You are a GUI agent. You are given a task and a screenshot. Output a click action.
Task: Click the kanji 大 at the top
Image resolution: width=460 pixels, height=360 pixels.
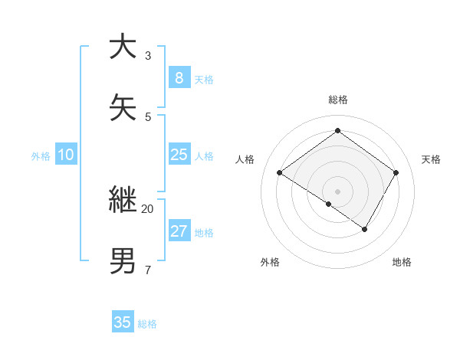click(x=123, y=47)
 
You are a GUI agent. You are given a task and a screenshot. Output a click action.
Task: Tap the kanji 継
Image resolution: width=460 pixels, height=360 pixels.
click(x=123, y=201)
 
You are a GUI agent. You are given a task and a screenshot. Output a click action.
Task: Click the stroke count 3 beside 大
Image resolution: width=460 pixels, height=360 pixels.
click(x=148, y=56)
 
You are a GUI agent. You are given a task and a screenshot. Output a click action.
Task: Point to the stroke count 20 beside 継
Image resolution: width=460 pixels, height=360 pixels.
click(x=148, y=208)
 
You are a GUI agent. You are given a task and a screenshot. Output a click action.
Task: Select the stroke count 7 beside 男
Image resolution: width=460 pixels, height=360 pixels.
click(x=148, y=270)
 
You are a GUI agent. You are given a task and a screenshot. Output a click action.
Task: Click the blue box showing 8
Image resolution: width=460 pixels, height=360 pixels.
click(x=179, y=78)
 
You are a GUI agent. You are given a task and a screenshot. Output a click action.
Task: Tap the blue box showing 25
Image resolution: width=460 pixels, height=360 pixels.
click(x=179, y=155)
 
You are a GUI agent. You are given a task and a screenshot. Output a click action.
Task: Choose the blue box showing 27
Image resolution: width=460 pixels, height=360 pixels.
click(x=179, y=231)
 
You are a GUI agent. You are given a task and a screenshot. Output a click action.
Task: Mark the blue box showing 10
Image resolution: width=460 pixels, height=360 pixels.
click(x=66, y=155)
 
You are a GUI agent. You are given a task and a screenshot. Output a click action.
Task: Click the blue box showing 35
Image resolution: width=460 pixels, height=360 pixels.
click(x=123, y=322)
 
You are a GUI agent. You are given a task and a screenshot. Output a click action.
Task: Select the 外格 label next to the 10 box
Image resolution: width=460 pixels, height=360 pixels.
click(x=41, y=156)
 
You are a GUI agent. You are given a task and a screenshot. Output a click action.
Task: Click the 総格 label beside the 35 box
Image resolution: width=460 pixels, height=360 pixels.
click(x=147, y=324)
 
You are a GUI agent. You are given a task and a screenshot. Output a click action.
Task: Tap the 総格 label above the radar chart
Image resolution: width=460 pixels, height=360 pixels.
click(x=337, y=100)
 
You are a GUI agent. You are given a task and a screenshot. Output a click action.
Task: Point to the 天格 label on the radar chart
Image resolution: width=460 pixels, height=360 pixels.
click(x=431, y=159)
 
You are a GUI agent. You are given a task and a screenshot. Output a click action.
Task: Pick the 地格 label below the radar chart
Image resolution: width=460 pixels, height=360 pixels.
click(x=402, y=262)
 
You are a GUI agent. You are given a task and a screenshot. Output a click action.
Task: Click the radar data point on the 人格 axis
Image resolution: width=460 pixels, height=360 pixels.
click(x=279, y=173)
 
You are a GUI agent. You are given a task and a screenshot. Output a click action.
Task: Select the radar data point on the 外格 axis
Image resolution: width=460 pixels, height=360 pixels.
click(x=329, y=204)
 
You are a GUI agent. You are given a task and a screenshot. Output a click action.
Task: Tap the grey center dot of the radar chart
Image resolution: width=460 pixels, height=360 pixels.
click(x=337, y=191)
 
